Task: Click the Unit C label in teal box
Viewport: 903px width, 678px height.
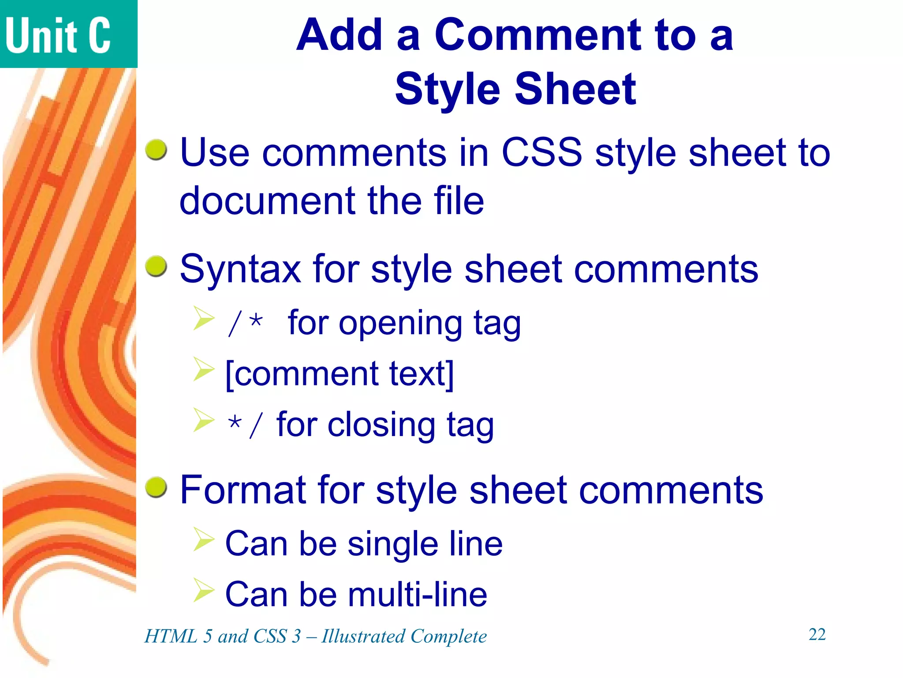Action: click(x=58, y=35)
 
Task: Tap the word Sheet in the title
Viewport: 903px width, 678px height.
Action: click(x=575, y=89)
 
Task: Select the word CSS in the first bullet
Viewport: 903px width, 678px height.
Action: click(x=541, y=152)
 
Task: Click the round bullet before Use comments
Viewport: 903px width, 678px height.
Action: click(x=157, y=150)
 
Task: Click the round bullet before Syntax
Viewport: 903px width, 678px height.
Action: click(x=157, y=266)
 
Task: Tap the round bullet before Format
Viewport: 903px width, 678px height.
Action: click(x=157, y=487)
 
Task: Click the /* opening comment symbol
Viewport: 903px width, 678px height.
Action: click(x=246, y=323)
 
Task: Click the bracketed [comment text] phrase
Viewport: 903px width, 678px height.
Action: click(x=339, y=374)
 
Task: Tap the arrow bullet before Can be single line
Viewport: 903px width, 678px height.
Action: click(x=204, y=539)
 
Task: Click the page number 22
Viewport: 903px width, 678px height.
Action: click(x=817, y=635)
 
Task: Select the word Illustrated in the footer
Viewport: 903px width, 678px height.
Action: click(x=363, y=637)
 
